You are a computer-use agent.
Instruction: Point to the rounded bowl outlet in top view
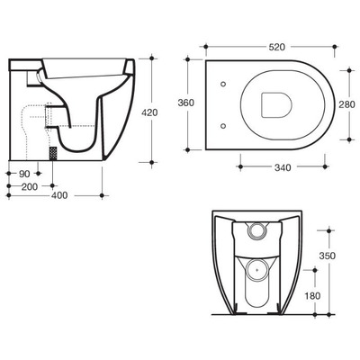pyautogui.click(x=275, y=104)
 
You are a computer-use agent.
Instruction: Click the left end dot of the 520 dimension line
pyautogui.click(x=206, y=43)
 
